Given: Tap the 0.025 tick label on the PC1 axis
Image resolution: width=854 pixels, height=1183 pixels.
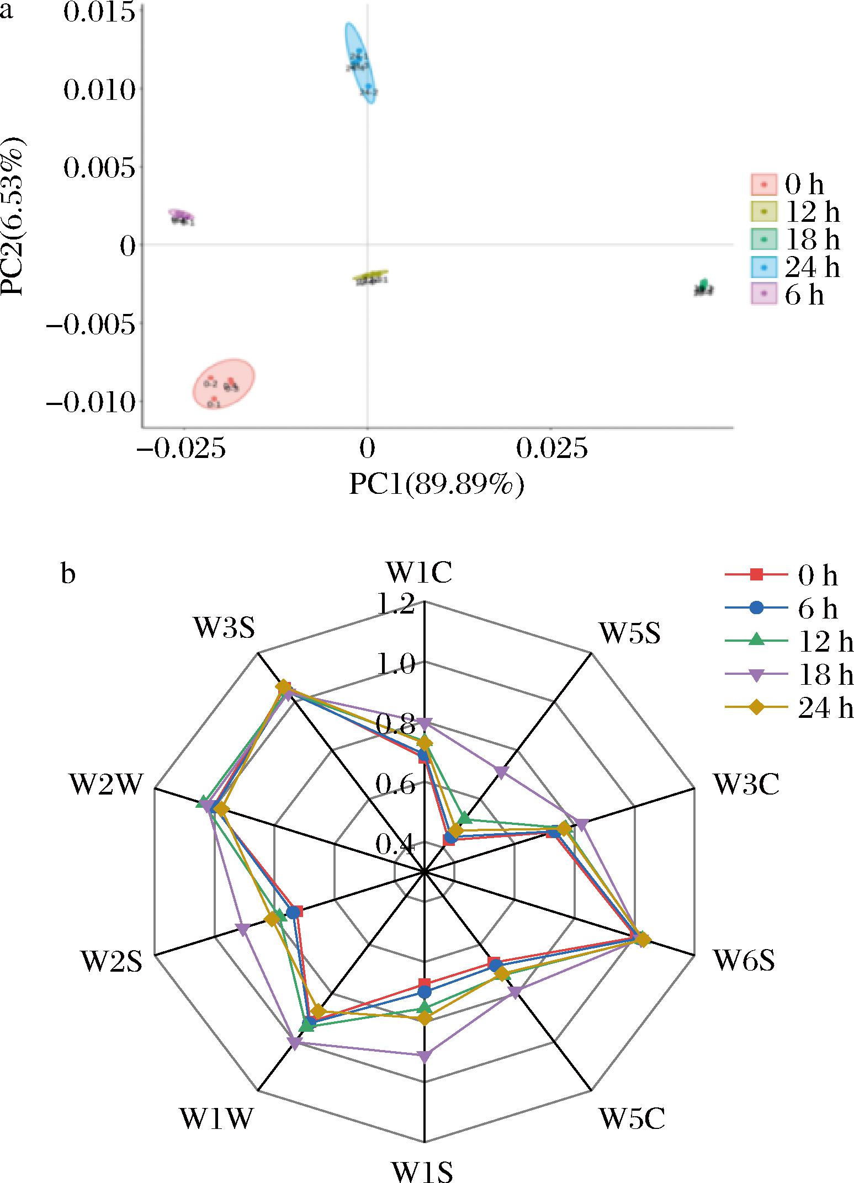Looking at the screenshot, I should [550, 450].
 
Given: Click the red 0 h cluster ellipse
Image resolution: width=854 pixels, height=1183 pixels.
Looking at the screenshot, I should [224, 383].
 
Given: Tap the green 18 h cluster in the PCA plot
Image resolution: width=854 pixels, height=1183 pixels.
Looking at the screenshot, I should [703, 287].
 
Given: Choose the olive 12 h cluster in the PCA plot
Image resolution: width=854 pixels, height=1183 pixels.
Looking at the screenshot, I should [370, 278].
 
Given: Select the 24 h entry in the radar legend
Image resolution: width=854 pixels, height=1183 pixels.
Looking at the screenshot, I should [789, 708].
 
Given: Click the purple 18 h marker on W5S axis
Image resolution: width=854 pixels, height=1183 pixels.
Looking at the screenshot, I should [501, 771].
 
